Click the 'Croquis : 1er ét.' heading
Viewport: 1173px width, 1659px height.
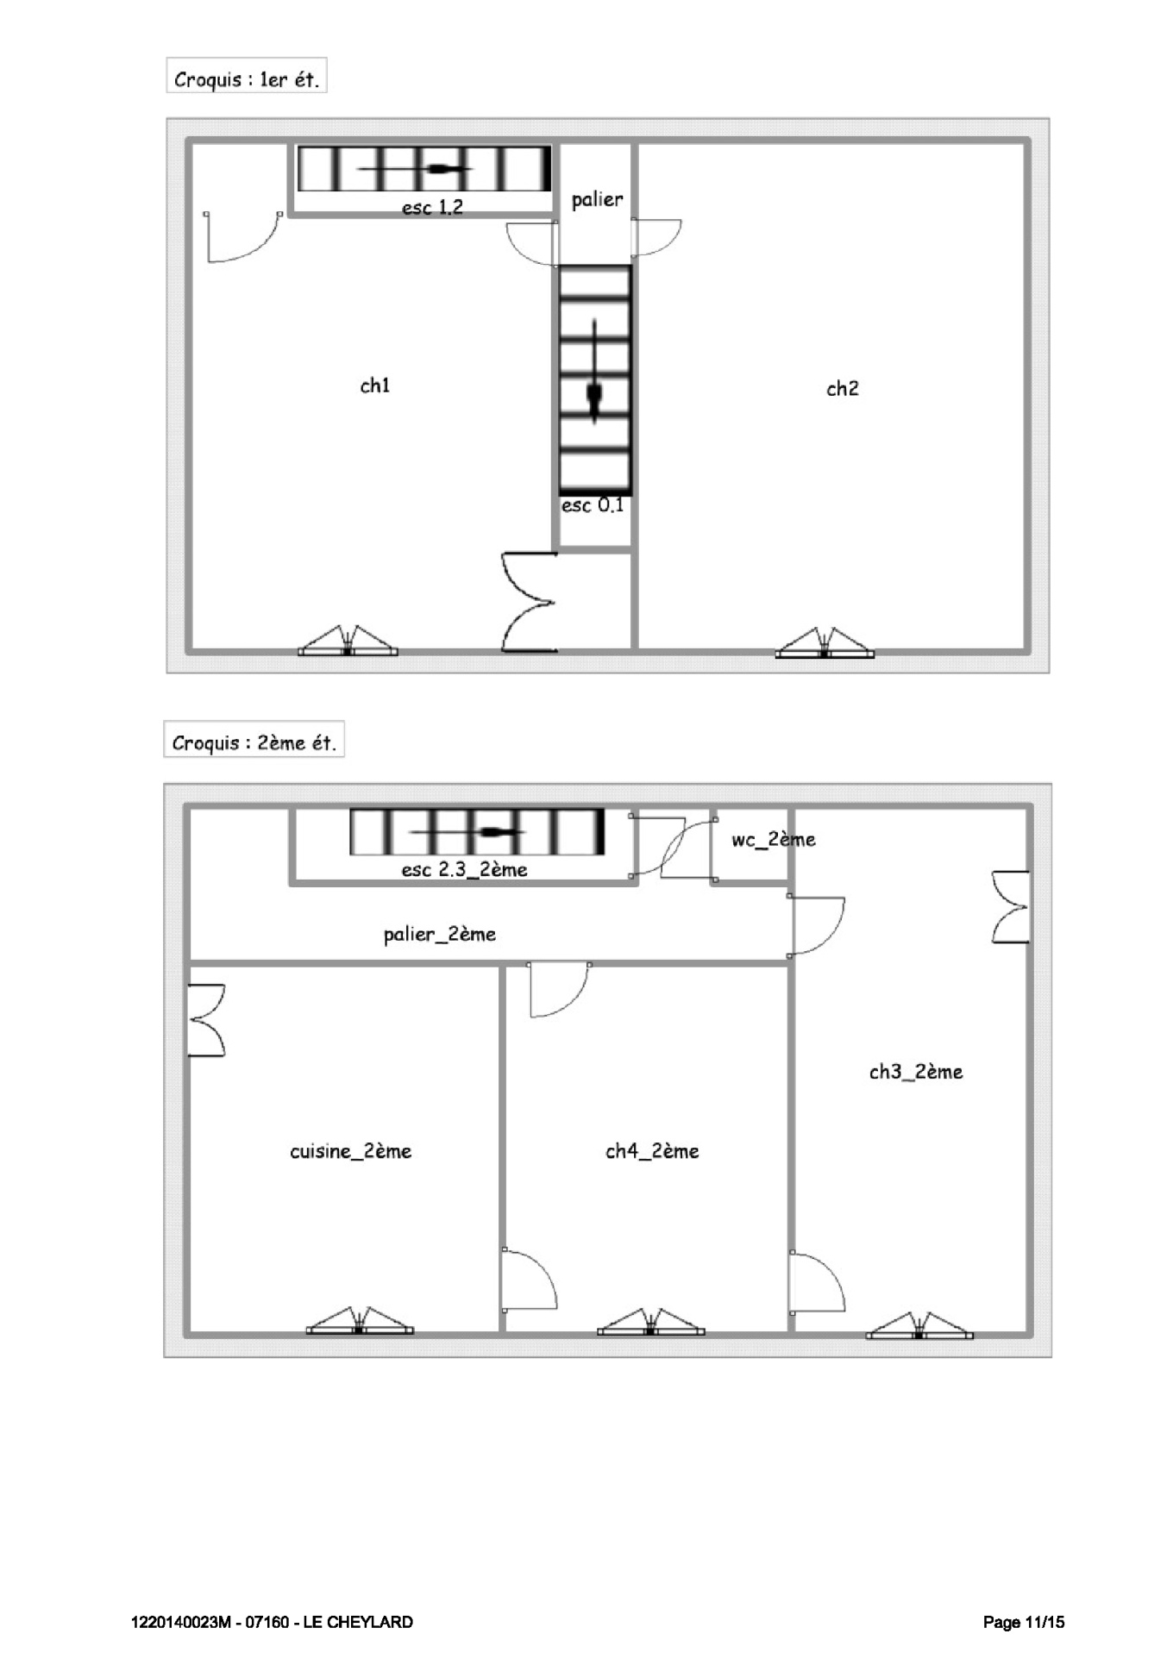pyautogui.click(x=247, y=79)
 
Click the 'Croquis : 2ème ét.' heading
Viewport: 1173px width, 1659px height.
pyautogui.click(x=254, y=742)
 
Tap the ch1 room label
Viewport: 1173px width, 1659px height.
pyautogui.click(x=375, y=385)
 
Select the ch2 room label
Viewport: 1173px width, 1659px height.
pyautogui.click(x=843, y=389)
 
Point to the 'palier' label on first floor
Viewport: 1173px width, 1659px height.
pyautogui.click(x=597, y=200)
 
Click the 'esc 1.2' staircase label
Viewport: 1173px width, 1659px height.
pyautogui.click(x=432, y=207)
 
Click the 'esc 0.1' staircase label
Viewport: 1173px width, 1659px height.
pyautogui.click(x=593, y=505)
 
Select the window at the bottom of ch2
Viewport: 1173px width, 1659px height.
pyautogui.click(x=825, y=646)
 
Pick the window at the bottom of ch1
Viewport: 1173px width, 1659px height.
pyautogui.click(x=348, y=644)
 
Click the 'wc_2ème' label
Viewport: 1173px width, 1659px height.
pyautogui.click(x=773, y=840)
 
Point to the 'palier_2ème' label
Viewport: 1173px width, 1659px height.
pyautogui.click(x=440, y=935)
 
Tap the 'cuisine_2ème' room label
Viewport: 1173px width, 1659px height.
pyautogui.click(x=350, y=1152)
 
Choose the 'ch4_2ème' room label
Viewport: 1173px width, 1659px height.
pyautogui.click(x=652, y=1152)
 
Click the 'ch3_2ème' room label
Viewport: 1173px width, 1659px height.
pyautogui.click(x=916, y=1073)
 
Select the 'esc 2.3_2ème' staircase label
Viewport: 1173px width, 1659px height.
pyautogui.click(x=464, y=870)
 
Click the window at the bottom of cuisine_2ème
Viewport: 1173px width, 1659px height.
pyautogui.click(x=360, y=1324)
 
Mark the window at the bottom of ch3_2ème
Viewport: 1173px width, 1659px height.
pyautogui.click(x=919, y=1328)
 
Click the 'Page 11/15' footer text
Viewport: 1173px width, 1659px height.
pyautogui.click(x=1024, y=1622)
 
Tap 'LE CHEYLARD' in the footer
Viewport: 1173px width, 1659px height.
pyautogui.click(x=358, y=1622)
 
